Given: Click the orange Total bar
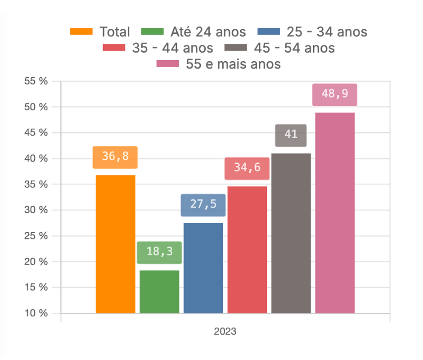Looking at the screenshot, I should click(x=115, y=244).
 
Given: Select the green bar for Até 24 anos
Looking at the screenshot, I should click(x=159, y=292).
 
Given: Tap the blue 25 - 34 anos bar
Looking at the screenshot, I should click(x=203, y=268).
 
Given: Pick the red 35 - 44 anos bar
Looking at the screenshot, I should click(x=247, y=250).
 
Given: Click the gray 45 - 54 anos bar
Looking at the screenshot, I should click(x=291, y=233).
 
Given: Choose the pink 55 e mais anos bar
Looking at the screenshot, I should click(x=335, y=213).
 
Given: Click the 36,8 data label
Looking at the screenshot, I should click(x=115, y=157).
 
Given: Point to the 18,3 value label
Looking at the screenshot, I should click(x=159, y=252).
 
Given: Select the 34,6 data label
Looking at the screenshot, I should click(x=247, y=168).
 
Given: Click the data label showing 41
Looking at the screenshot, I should click(x=291, y=135).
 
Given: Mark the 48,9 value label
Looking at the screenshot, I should click(x=335, y=94).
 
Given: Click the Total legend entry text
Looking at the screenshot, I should click(x=114, y=32).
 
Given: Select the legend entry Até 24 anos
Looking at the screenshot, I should click(x=208, y=32).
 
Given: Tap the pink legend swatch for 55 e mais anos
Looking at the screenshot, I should click(x=167, y=63).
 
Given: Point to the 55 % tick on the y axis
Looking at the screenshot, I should click(x=36, y=81).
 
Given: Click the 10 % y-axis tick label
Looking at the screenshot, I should click(x=36, y=313).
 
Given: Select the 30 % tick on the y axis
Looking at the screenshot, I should click(x=36, y=210).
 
